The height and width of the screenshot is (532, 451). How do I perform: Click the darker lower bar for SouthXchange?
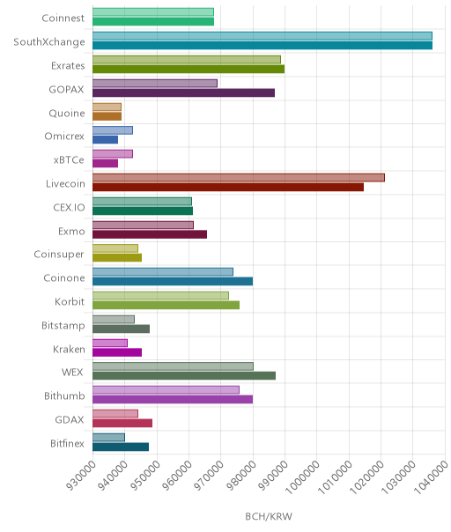point(262,46)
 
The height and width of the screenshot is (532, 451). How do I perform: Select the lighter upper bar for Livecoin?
point(239,177)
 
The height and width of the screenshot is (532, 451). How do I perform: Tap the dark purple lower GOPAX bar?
point(183,93)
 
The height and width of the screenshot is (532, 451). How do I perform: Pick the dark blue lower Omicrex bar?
point(105,139)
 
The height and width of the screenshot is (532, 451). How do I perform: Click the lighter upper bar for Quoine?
point(107,107)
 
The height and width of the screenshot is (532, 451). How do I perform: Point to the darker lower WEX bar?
point(184,375)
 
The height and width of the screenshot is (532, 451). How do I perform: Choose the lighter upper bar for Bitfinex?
point(108,438)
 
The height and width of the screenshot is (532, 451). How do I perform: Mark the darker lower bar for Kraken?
point(117,352)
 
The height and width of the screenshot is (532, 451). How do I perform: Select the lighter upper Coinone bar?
point(163,272)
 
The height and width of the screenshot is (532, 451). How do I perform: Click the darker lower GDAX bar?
point(122,423)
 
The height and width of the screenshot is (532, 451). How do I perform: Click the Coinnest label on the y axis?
point(63,18)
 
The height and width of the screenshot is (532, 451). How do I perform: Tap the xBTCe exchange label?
point(69,159)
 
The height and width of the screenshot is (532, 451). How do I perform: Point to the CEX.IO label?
point(69,207)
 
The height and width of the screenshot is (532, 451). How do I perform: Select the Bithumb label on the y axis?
point(64,396)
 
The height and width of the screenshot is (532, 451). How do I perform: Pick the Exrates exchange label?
point(68,65)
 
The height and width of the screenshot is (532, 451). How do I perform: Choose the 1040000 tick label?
point(431,477)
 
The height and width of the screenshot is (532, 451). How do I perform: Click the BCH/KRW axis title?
point(269,516)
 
